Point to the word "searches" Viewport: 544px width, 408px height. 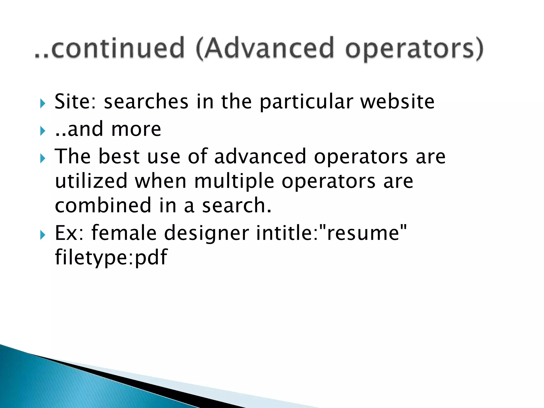[x=146, y=101]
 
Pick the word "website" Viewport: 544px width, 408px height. [x=397, y=101]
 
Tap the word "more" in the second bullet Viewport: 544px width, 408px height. [x=136, y=129]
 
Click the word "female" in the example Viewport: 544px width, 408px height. [x=124, y=233]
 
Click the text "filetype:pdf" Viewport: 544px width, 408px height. [x=111, y=257]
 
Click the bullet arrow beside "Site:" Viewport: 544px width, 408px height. [x=43, y=104]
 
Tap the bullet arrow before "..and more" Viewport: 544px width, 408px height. [x=43, y=131]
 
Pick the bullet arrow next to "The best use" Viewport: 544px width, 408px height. [x=43, y=159]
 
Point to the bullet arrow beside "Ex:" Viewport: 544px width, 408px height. [x=43, y=235]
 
